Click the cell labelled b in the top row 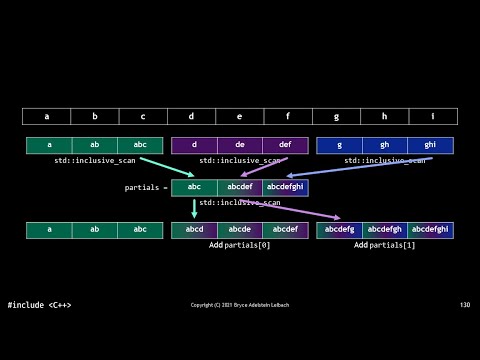coord(95,116)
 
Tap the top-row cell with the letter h coord(385,116)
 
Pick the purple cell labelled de coord(240,145)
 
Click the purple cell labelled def coord(285,145)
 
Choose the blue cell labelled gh coord(385,145)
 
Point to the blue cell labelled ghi coord(430,145)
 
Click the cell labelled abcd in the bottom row coord(194,230)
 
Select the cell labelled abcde coord(240,230)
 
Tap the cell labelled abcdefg coord(339,230)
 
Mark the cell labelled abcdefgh coord(385,230)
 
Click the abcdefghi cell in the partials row coord(285,187)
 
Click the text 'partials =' coord(146,187)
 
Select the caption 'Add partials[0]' coord(240,245)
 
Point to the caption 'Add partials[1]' coord(385,245)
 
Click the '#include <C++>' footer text coord(39,305)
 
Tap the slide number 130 coord(464,305)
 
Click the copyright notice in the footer coord(240,305)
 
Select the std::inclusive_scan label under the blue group coord(385,160)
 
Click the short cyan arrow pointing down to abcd coord(195,208)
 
